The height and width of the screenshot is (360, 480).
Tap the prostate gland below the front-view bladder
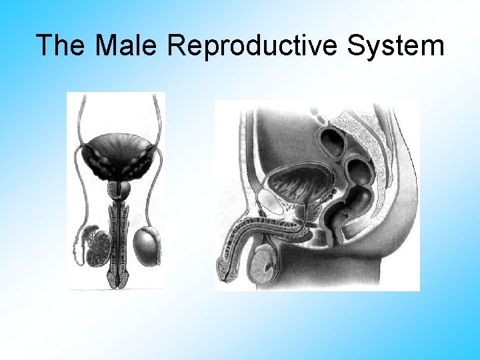click(119, 189)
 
